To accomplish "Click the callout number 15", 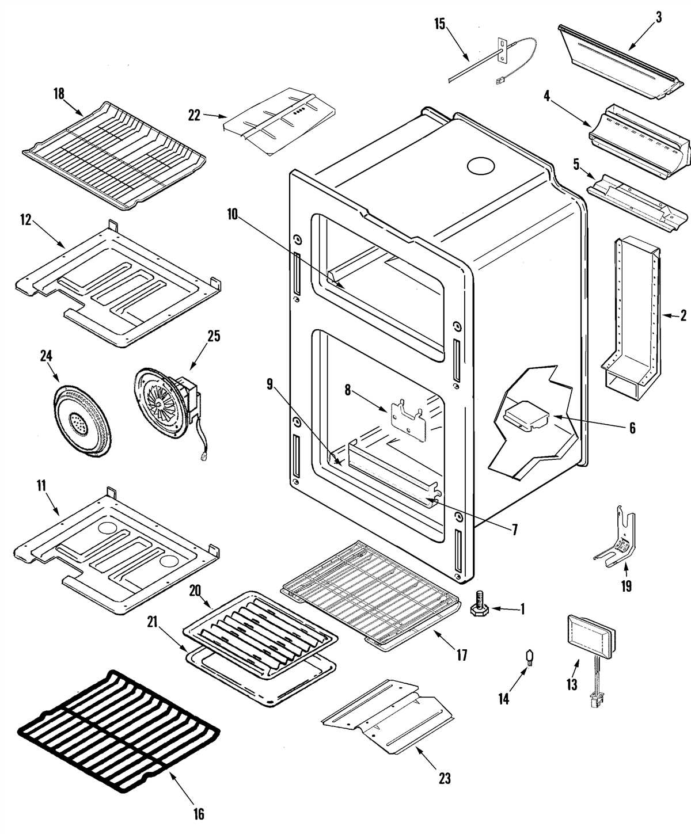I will pos(439,24).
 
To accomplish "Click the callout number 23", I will pos(445,778).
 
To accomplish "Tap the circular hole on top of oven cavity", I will pos(480,166).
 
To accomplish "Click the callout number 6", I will pos(632,428).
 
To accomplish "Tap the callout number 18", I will pos(59,93).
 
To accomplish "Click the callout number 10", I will pos(232,214).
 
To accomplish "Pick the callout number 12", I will pos(25,220).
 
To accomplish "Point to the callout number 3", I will pos(658,17).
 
